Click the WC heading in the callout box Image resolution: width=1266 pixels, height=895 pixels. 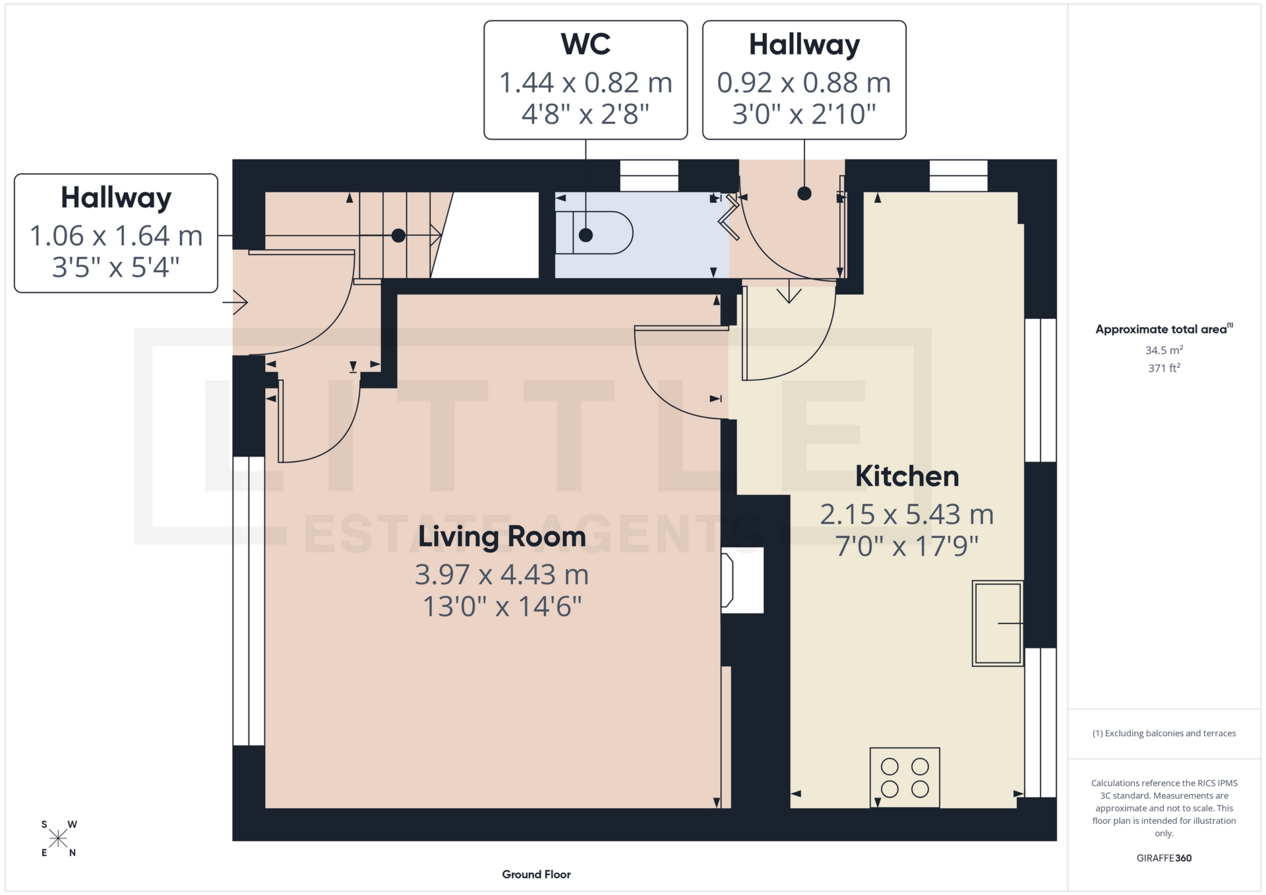(x=586, y=45)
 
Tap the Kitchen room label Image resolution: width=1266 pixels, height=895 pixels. (x=907, y=476)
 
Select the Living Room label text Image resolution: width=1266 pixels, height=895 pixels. (x=502, y=536)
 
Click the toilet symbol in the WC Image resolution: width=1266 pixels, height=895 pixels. (x=593, y=233)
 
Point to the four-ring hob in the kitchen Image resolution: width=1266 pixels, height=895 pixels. (x=905, y=778)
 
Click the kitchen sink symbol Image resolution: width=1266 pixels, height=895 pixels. (x=997, y=623)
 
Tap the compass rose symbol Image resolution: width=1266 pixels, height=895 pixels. (x=59, y=838)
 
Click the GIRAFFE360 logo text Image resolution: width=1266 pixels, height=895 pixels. (x=1164, y=858)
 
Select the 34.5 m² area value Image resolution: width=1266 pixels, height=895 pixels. (x=1164, y=350)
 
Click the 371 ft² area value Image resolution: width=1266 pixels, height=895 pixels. (x=1164, y=368)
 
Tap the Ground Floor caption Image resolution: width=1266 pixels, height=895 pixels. (x=536, y=875)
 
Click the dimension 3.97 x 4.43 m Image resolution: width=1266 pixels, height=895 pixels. (x=502, y=575)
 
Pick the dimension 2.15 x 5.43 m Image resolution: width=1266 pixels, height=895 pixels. (x=907, y=515)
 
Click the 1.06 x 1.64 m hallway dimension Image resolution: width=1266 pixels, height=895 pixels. (x=116, y=236)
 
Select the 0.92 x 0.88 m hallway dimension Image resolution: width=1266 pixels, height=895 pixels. (x=804, y=83)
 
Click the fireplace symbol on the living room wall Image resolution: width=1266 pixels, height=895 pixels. (x=728, y=580)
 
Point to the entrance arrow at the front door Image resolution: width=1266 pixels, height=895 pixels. (x=235, y=303)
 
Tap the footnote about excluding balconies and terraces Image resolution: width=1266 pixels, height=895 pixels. (x=1164, y=734)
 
